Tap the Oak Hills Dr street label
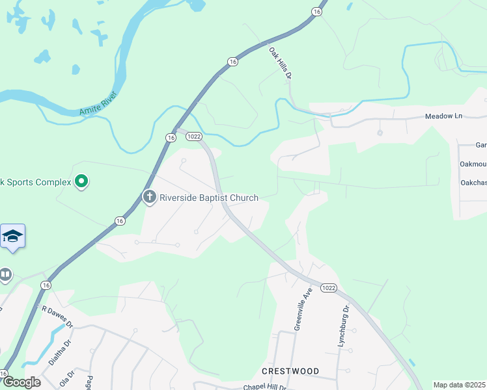(279, 63)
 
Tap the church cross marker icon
(150, 198)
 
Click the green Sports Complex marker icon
(81, 181)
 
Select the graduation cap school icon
(12, 236)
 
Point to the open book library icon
(5, 276)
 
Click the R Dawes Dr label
(58, 316)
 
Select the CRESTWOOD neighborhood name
(290, 371)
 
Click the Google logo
(21, 382)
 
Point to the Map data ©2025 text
(459, 385)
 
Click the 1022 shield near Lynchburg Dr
(328, 288)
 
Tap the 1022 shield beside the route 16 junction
(193, 137)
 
